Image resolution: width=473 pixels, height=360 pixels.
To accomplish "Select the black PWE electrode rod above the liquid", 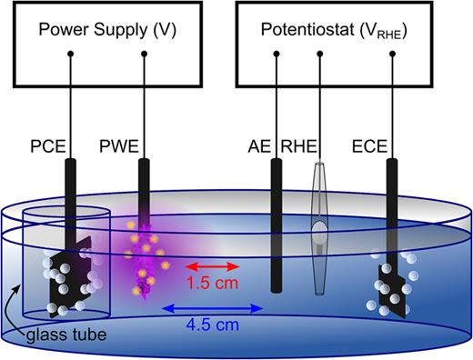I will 144,186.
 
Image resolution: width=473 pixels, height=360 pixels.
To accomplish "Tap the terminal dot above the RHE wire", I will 319,61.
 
